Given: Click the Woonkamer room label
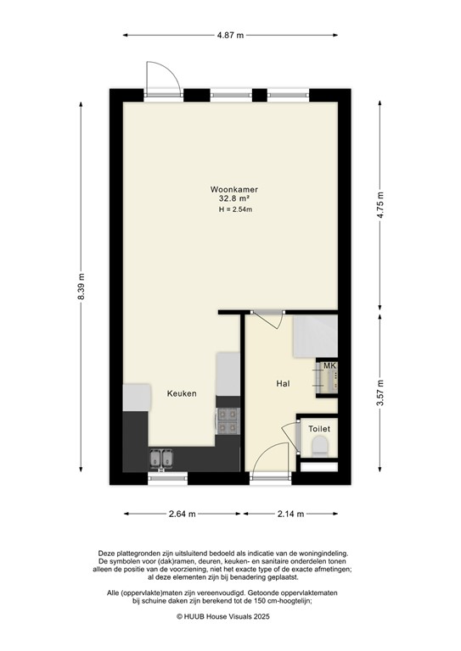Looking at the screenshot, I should (x=234, y=189).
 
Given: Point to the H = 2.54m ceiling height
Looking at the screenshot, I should (x=234, y=209).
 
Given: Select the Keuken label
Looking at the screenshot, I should (x=182, y=394).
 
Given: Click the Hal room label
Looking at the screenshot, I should (x=284, y=384).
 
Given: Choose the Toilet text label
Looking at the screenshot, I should (x=319, y=430).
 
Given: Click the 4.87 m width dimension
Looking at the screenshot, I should (x=230, y=36).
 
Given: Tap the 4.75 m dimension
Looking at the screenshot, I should (x=381, y=201).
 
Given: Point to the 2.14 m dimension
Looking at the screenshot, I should (x=294, y=514).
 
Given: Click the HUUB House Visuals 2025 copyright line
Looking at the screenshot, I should (x=230, y=618).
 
